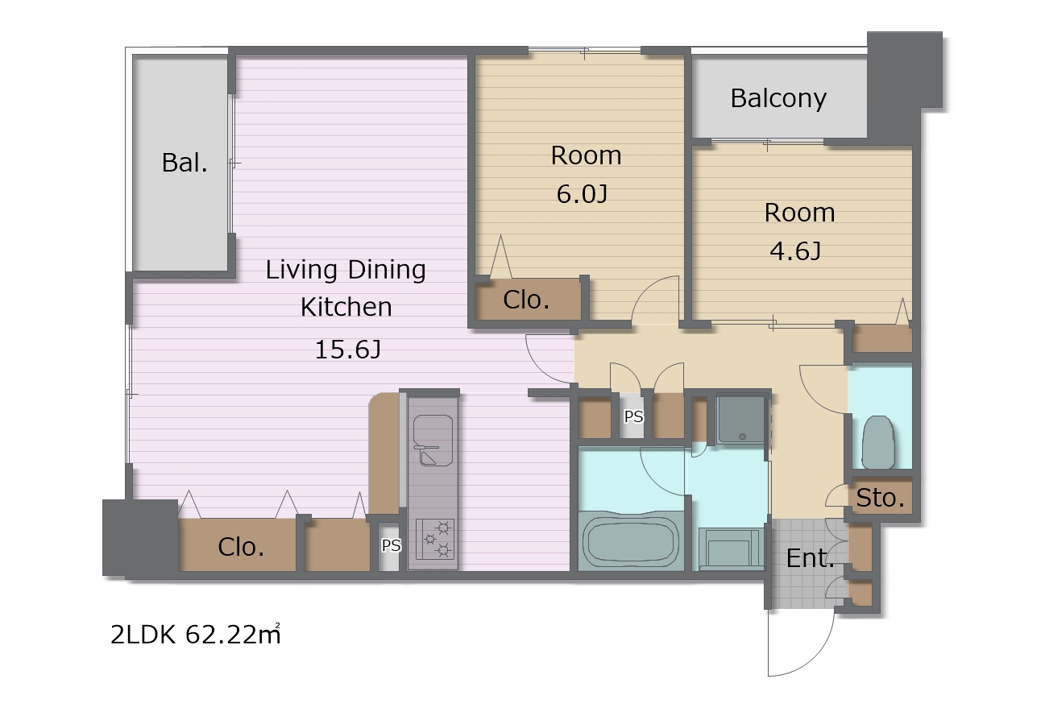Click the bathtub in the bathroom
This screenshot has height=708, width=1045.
(631, 541)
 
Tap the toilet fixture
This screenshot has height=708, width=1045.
(878, 442)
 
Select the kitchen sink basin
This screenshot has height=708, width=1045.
(433, 441)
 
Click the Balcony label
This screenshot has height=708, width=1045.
(778, 99)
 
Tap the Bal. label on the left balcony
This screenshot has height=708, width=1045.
(185, 163)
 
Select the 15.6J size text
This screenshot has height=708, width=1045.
(348, 350)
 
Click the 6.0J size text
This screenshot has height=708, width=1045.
(582, 194)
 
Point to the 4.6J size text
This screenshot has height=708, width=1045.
(795, 251)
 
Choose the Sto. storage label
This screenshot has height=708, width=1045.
(881, 498)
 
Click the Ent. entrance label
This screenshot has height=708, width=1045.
(810, 558)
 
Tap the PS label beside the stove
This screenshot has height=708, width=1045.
(391, 545)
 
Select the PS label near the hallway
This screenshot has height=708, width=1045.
(633, 416)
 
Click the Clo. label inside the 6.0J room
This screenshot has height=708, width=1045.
(526, 300)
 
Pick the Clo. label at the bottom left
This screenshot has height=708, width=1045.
(241, 547)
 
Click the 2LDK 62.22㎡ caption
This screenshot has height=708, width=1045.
(196, 635)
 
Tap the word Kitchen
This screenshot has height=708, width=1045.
(346, 307)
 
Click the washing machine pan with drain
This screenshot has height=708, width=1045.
(740, 420)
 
